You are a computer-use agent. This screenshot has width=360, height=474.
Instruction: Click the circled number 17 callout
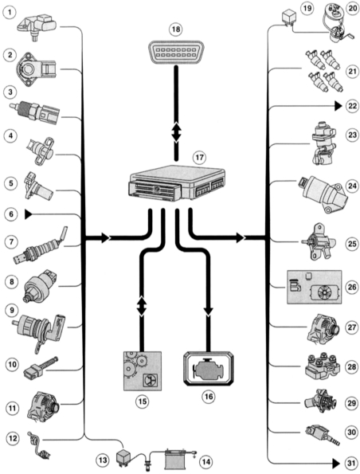pyautogui.click(x=199, y=157)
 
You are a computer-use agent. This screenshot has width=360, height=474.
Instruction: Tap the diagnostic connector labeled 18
pyautogui.click(x=176, y=53)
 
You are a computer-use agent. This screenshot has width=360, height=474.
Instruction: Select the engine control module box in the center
pyautogui.click(x=178, y=183)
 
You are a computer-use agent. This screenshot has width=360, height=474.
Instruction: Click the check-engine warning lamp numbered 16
pyautogui.click(x=209, y=369)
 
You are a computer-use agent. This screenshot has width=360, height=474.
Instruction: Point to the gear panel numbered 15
pyautogui.click(x=142, y=370)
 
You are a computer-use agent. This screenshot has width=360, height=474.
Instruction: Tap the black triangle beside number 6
pyautogui.click(x=29, y=214)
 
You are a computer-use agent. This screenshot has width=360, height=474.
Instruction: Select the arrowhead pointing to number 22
pyautogui.click(x=338, y=106)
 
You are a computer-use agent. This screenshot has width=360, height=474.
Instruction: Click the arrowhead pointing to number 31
pyautogui.click(x=338, y=463)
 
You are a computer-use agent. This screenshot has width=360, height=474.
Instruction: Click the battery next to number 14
pyautogui.click(x=174, y=458)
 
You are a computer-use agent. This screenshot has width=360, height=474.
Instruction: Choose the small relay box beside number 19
pyautogui.click(x=288, y=18)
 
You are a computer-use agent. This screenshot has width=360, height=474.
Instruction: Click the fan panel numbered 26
pyautogui.click(x=314, y=287)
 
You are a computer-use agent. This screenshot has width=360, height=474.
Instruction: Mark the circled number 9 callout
pyautogui.click(x=11, y=310)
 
